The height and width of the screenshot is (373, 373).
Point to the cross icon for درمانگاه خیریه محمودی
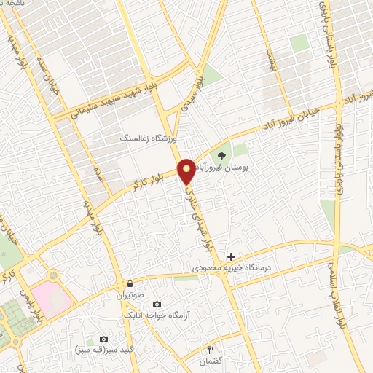[232, 256]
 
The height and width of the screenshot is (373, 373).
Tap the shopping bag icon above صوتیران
[130, 284]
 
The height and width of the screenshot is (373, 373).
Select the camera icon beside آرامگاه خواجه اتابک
[157, 304]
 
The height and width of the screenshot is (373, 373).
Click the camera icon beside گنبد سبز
[103, 339]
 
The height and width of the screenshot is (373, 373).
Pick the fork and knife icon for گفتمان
[213, 349]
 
